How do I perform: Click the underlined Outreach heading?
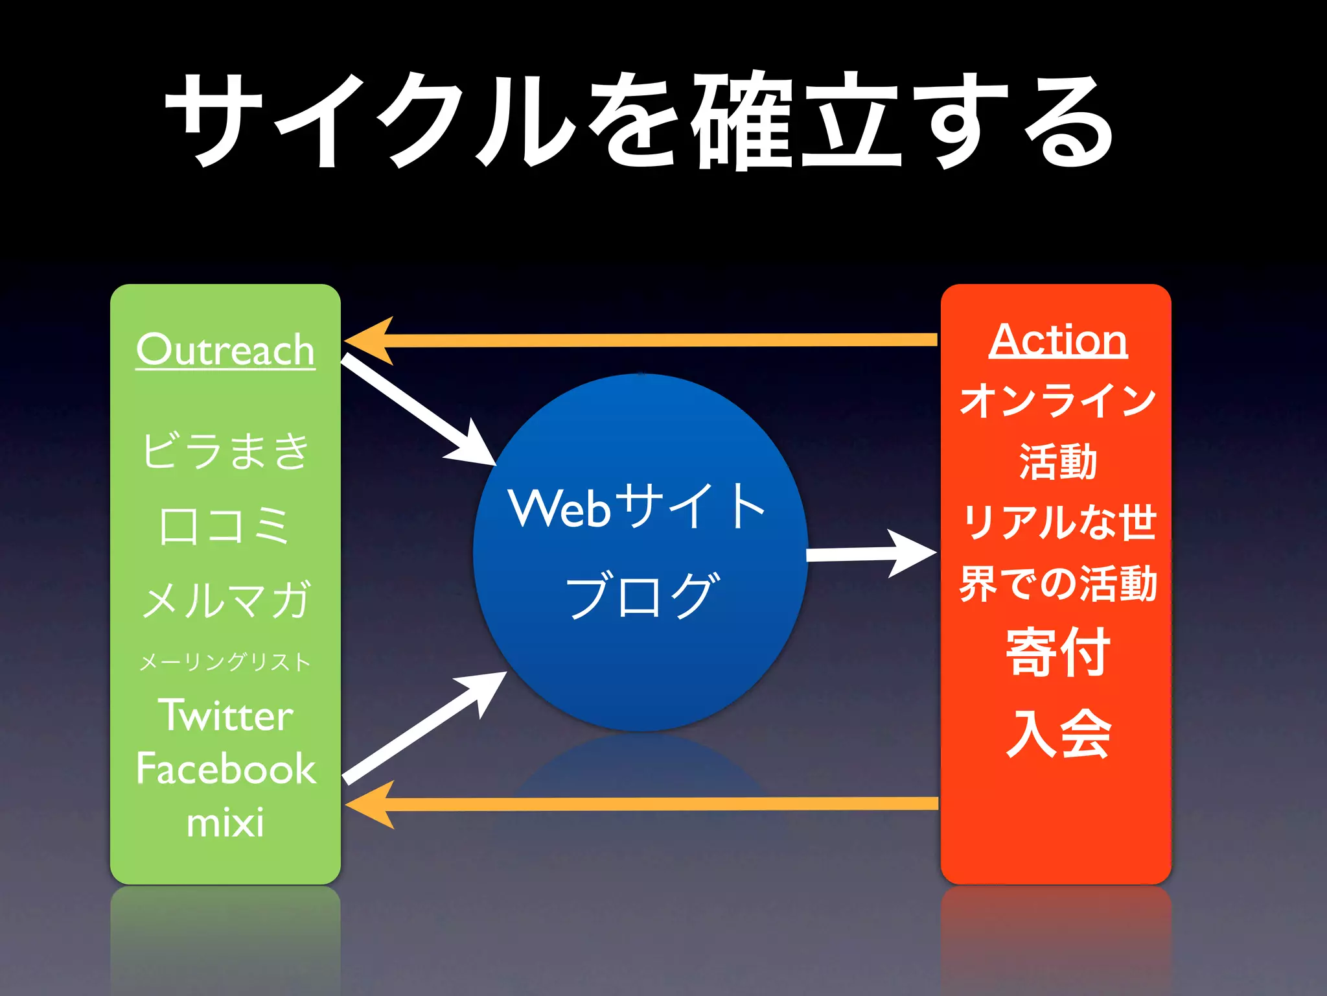(225, 350)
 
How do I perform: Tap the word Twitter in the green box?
(225, 715)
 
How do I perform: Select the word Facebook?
(225, 769)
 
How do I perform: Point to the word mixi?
(225, 823)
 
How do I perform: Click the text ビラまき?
(225, 451)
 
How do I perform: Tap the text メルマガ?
(225, 600)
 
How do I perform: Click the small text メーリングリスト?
(225, 662)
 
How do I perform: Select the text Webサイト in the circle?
(638, 508)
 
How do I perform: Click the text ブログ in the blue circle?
(641, 595)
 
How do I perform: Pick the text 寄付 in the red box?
(1057, 653)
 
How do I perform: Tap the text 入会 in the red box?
(1057, 734)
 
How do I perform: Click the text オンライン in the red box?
(1057, 400)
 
